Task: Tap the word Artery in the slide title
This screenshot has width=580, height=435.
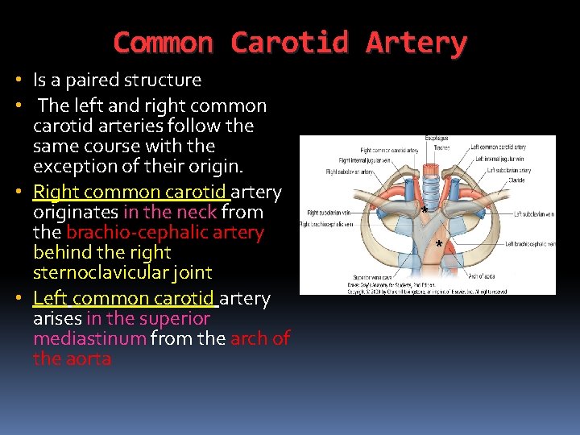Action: tap(416, 42)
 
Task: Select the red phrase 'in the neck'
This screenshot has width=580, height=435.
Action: tap(170, 212)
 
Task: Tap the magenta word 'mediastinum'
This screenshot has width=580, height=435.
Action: tap(89, 338)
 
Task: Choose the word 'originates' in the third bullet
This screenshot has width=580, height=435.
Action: tap(75, 212)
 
